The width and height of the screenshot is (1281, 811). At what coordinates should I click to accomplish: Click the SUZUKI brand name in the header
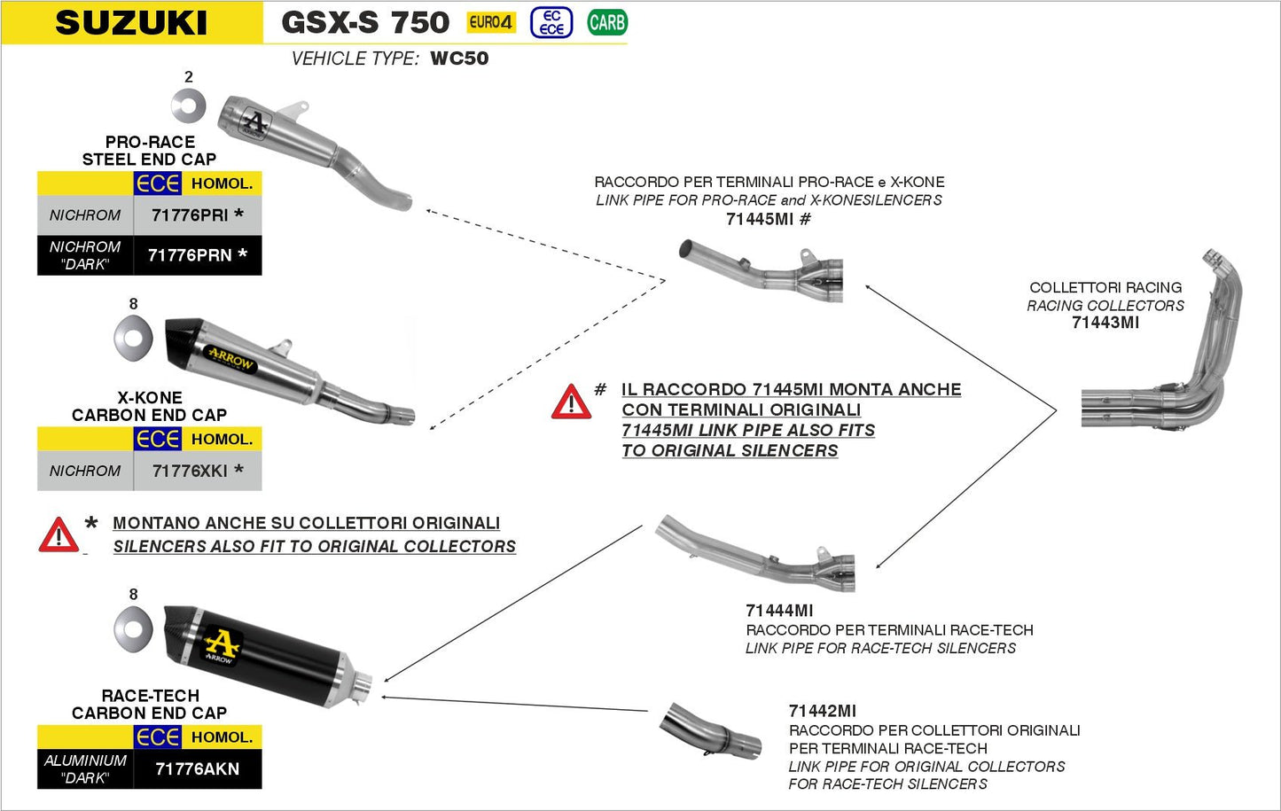tap(131, 23)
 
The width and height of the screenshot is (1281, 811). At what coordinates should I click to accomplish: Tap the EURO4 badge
tap(490, 22)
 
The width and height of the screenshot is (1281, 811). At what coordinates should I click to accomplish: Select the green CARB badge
tap(606, 22)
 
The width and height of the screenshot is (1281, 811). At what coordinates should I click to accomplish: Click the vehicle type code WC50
tap(459, 58)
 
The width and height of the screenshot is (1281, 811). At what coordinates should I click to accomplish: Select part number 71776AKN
tap(197, 768)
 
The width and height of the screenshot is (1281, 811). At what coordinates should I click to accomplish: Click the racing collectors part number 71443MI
tap(1105, 323)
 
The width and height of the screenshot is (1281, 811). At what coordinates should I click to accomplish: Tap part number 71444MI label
tap(779, 611)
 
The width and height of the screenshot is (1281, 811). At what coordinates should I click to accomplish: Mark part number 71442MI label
tap(822, 711)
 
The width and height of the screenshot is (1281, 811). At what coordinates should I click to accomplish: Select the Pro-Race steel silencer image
tap(293, 142)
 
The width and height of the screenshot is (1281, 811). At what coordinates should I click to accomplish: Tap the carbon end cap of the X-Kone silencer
tap(183, 341)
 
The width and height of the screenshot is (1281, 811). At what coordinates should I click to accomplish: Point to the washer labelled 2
tap(188, 107)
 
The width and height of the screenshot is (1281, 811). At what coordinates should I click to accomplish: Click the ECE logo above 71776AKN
tap(158, 737)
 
